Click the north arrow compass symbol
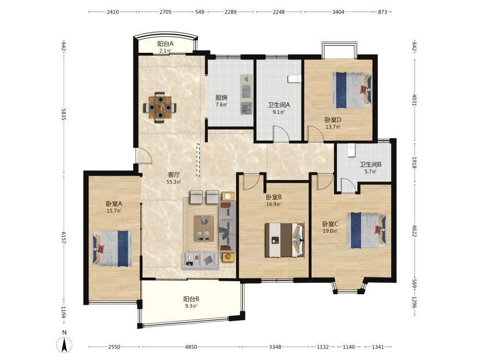click(x=64, y=345)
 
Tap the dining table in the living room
click(x=160, y=107)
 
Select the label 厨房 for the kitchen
click(x=221, y=97)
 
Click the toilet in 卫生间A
click(x=295, y=79)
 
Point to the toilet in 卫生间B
click(x=351, y=150)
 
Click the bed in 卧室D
click(x=352, y=90)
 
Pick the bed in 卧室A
click(x=112, y=249)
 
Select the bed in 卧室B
click(x=285, y=240)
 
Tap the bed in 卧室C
click(x=366, y=230)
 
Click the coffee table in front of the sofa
click(x=204, y=228)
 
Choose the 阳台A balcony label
click(x=165, y=44)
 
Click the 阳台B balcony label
click(x=192, y=299)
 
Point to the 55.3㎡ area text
click(x=174, y=182)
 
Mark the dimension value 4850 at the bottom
click(x=192, y=347)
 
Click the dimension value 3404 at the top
click(x=338, y=12)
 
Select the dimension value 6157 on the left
click(x=64, y=238)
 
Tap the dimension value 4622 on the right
click(x=414, y=231)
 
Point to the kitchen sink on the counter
click(x=246, y=108)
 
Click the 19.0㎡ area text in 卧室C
click(x=330, y=231)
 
